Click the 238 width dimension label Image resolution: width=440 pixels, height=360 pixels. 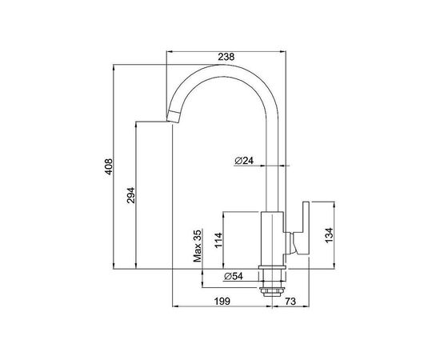pos(226,57)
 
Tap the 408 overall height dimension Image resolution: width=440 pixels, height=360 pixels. pos(109,166)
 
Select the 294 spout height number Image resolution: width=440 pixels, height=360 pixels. pos(130,195)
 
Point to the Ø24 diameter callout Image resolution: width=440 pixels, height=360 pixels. pos(244,161)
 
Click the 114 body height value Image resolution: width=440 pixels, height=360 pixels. pos(218,240)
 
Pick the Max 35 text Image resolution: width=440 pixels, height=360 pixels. pos(198,246)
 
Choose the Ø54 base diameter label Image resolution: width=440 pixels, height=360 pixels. pos(234,276)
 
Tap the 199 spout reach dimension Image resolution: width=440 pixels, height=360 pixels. pos(222,302)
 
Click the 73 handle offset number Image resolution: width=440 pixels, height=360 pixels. pos(290,302)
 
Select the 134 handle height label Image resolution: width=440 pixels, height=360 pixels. pos(329,235)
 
